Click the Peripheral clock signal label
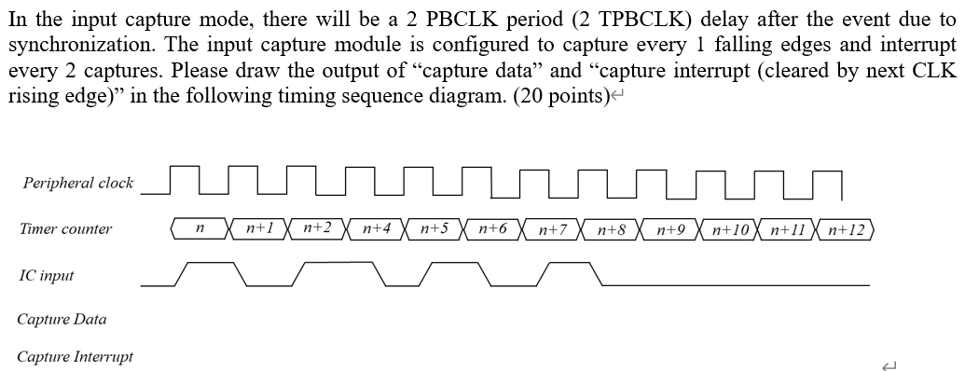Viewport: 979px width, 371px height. point(78,184)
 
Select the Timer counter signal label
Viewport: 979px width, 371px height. point(65,229)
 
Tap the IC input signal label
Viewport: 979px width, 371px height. point(46,276)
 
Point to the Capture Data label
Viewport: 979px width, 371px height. point(62,320)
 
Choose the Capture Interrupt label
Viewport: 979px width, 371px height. point(75,357)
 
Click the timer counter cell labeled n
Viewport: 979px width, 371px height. point(200,229)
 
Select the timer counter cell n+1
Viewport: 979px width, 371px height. point(259,228)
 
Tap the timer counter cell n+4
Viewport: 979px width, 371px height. point(376,228)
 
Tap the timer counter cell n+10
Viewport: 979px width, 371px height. point(731,229)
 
